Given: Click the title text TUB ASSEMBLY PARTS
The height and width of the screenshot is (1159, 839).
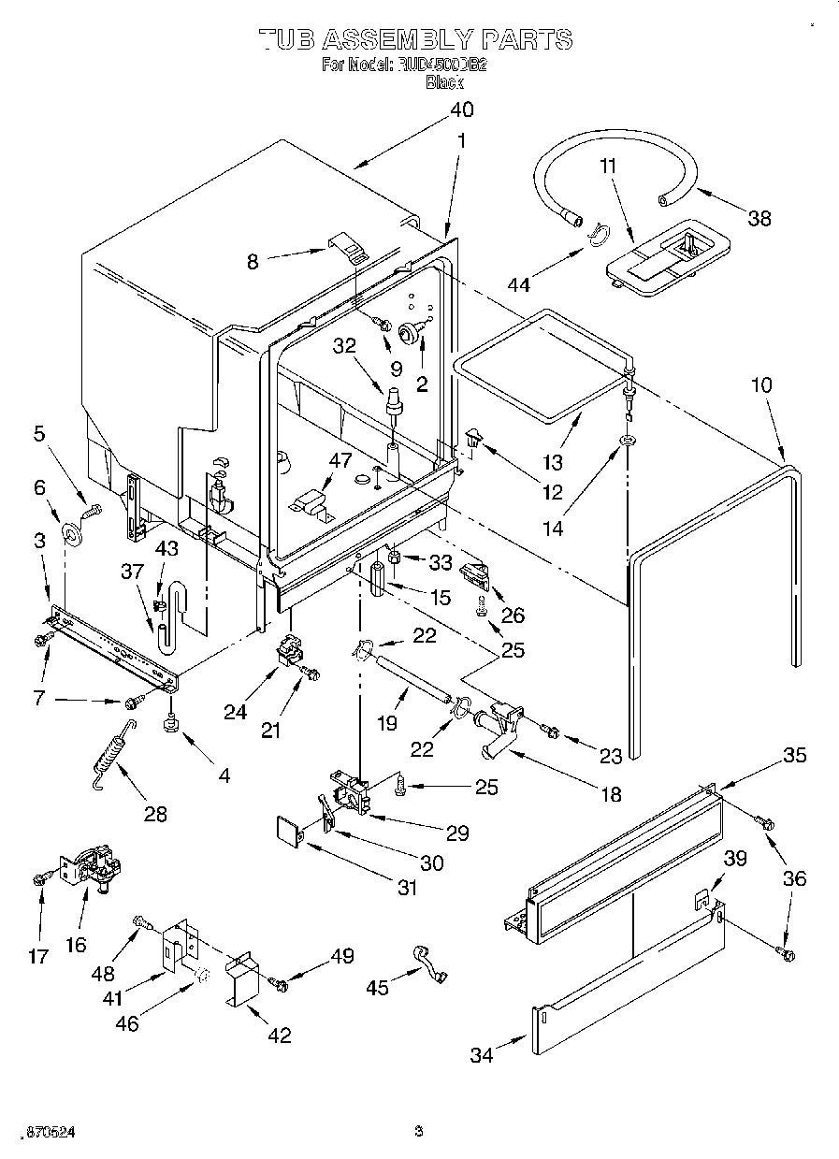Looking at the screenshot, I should pyautogui.click(x=414, y=39).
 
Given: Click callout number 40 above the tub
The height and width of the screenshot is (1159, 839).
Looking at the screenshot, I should pyautogui.click(x=461, y=109).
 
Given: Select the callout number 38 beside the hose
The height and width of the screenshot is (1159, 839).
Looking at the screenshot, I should pyautogui.click(x=759, y=218).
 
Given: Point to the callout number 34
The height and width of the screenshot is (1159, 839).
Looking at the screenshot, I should pyautogui.click(x=482, y=1056).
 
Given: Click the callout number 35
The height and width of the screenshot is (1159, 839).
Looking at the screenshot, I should pyautogui.click(x=794, y=756).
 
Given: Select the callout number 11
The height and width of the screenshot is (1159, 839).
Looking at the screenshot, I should pyautogui.click(x=608, y=167).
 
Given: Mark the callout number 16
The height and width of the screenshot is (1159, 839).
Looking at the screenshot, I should pyautogui.click(x=77, y=944).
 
